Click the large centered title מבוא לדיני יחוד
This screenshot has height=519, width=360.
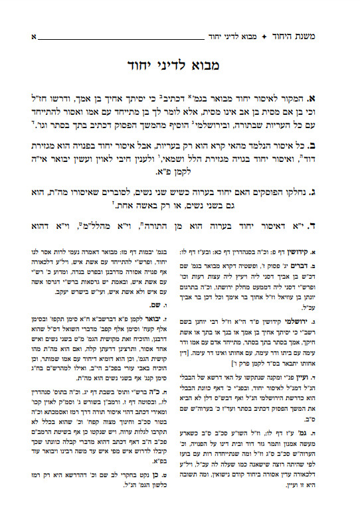(x=179, y=66)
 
